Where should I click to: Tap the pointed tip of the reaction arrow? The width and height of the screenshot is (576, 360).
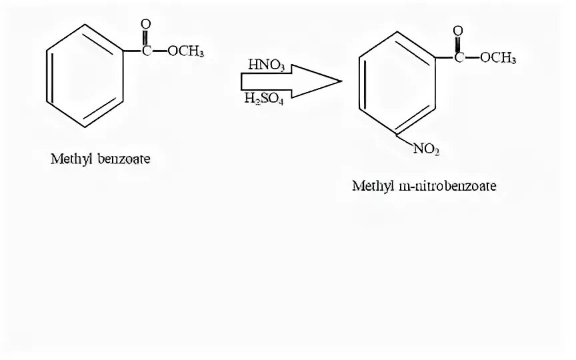(341, 81)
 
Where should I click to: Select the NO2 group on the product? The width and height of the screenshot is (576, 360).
(427, 149)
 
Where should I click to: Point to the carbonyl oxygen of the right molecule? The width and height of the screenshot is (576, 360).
(458, 31)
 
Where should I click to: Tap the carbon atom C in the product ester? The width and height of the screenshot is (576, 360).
(458, 58)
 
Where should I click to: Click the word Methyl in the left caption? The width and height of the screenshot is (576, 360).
(70, 159)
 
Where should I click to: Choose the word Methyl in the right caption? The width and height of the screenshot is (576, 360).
(371, 186)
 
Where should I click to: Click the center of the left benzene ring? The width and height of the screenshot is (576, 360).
(83, 75)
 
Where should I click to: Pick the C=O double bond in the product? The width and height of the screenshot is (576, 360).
(458, 44)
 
